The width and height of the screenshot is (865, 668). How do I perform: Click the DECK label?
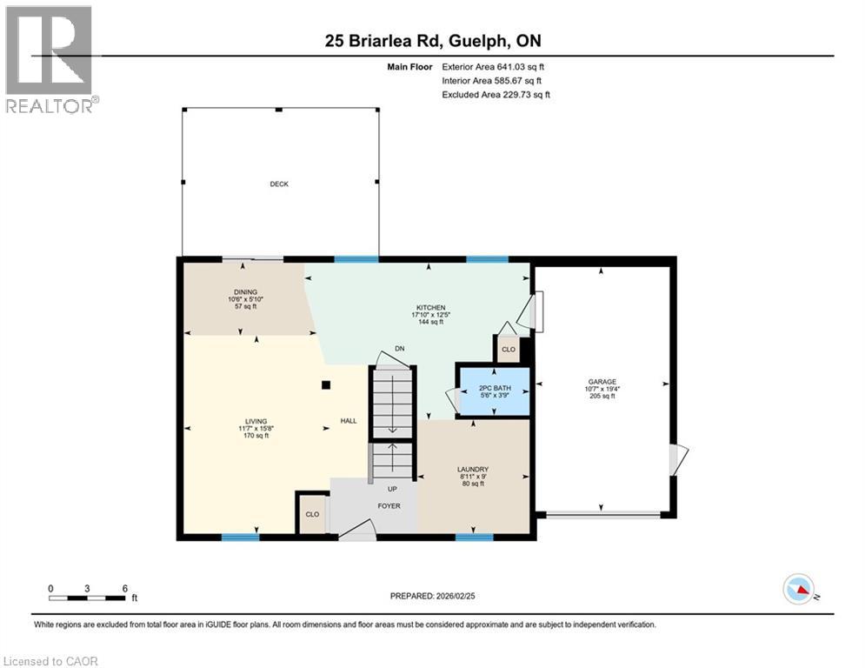(x=279, y=184)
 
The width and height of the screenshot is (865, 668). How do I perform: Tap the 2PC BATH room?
(x=495, y=391)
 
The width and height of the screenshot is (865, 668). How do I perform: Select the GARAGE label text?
(x=602, y=382)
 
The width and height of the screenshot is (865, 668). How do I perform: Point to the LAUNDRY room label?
(x=473, y=470)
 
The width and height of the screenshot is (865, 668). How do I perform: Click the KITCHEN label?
(x=431, y=308)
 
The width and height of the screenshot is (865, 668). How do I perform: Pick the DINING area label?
(x=245, y=292)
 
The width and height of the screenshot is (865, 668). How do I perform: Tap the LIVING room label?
(x=256, y=421)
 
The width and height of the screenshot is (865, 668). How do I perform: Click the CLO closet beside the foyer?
(x=312, y=514)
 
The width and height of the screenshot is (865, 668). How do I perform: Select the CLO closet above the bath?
(x=508, y=349)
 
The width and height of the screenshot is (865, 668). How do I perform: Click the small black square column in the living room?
(x=326, y=385)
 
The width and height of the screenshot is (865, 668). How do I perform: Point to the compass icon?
(x=799, y=589)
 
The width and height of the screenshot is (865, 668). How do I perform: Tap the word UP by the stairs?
(x=392, y=489)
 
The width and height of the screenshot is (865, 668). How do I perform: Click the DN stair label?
(x=399, y=349)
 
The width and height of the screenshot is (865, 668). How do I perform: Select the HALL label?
(x=349, y=421)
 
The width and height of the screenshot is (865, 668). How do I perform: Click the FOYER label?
(x=389, y=505)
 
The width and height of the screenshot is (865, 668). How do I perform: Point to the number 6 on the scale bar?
(x=125, y=589)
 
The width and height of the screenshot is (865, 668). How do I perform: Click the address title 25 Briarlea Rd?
(x=384, y=41)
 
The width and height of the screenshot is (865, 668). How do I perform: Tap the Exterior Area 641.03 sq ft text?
(x=493, y=67)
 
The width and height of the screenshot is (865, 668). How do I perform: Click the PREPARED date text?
(x=433, y=596)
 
